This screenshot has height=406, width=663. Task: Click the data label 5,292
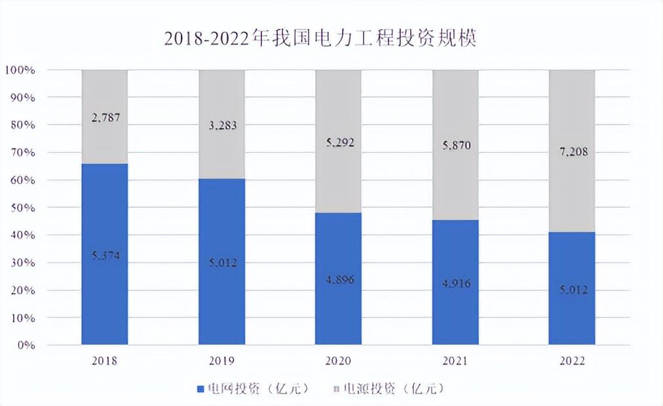(339, 141)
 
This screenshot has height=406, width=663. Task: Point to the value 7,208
(572, 152)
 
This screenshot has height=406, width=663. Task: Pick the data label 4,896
(339, 278)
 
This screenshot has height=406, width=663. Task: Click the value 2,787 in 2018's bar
(105, 118)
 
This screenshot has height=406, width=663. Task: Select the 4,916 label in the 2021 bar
(455, 284)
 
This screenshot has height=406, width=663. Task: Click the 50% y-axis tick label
(22, 208)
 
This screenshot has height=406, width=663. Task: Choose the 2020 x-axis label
(339, 361)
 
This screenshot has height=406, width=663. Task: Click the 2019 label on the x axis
(221, 361)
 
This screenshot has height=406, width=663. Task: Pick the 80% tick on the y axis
(22, 124)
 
